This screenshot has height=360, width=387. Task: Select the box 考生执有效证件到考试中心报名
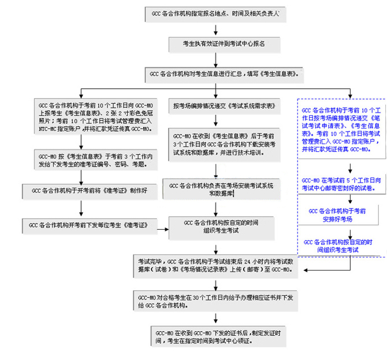[215, 43]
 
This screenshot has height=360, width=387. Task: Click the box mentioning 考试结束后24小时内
[215, 265]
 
